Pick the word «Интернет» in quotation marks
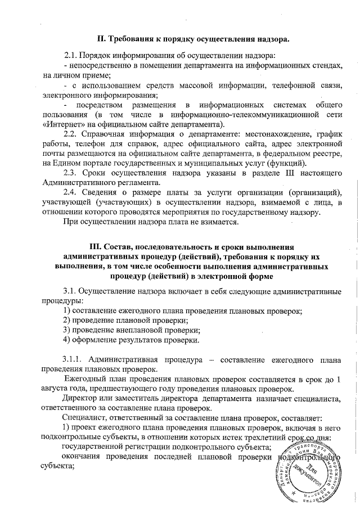tap(62, 124)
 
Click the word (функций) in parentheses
tap(290, 163)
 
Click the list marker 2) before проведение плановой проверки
tap(66, 320)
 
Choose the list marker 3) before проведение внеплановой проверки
tap(66, 330)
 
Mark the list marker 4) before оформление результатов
tap(66, 340)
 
